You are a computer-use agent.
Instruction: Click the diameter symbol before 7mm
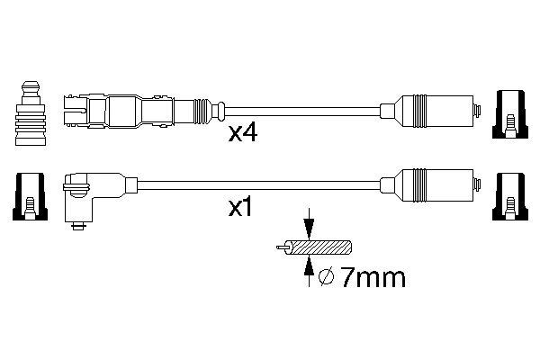pyautogui.click(x=328, y=278)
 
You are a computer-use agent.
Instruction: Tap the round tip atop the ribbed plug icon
pyautogui.click(x=30, y=86)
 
